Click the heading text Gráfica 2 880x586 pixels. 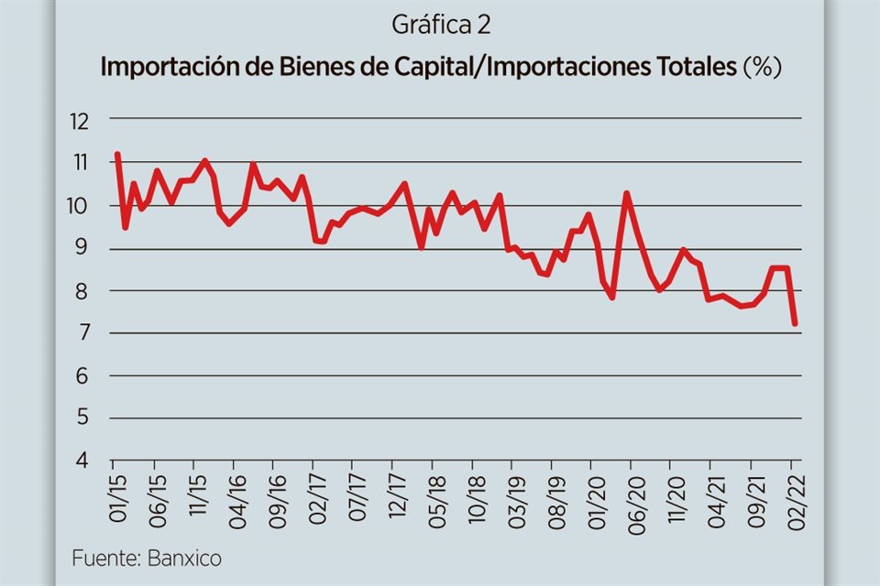(x=440, y=25)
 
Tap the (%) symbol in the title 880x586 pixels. (x=761, y=68)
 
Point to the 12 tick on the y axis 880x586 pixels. (x=80, y=119)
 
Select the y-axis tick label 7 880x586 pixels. (x=84, y=333)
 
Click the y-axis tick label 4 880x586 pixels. (x=84, y=461)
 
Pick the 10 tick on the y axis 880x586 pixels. (x=80, y=205)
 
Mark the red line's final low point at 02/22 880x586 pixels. (x=794, y=322)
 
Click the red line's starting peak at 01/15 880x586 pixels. (x=117, y=154)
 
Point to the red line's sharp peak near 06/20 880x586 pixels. (x=627, y=193)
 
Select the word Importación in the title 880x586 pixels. (x=164, y=68)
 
